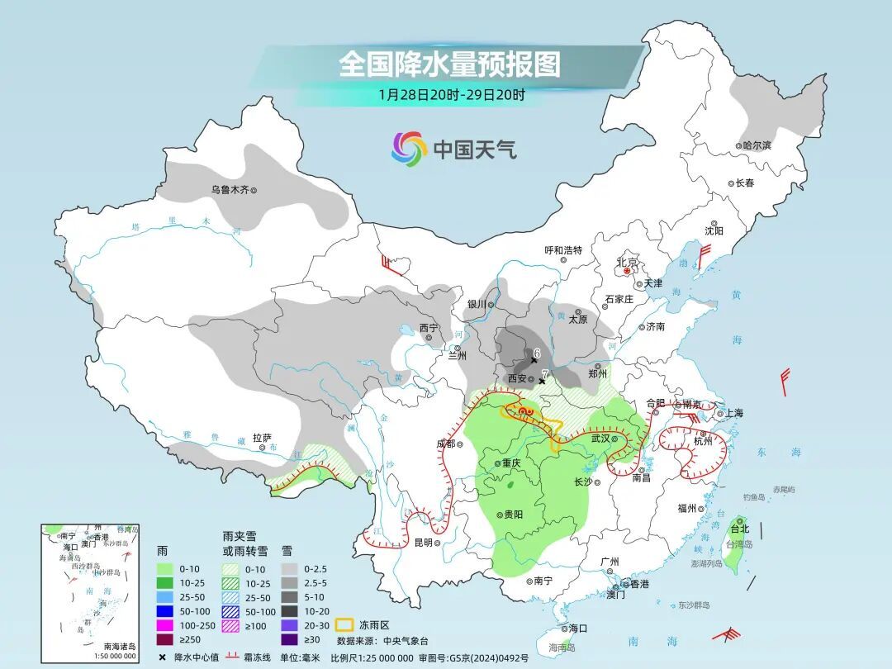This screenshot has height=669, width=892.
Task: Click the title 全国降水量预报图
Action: tap(449, 64)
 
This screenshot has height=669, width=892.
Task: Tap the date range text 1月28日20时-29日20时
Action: tap(451, 94)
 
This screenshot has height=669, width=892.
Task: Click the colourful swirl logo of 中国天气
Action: tap(409, 149)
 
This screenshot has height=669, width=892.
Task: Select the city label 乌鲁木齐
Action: tap(229, 190)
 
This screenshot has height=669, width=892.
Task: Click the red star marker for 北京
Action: tap(628, 271)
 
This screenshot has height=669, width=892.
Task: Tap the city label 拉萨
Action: tap(262, 439)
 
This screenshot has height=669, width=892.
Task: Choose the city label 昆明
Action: tap(423, 543)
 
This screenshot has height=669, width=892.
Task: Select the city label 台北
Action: tap(739, 529)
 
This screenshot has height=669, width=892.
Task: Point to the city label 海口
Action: tap(577, 629)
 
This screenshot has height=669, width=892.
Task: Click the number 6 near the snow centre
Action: tap(536, 353)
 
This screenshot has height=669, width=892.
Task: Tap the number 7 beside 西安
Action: tap(544, 374)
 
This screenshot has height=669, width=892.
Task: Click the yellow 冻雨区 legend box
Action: tap(344, 625)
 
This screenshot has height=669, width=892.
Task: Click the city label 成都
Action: tap(444, 444)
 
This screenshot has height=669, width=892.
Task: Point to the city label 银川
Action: tap(477, 304)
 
